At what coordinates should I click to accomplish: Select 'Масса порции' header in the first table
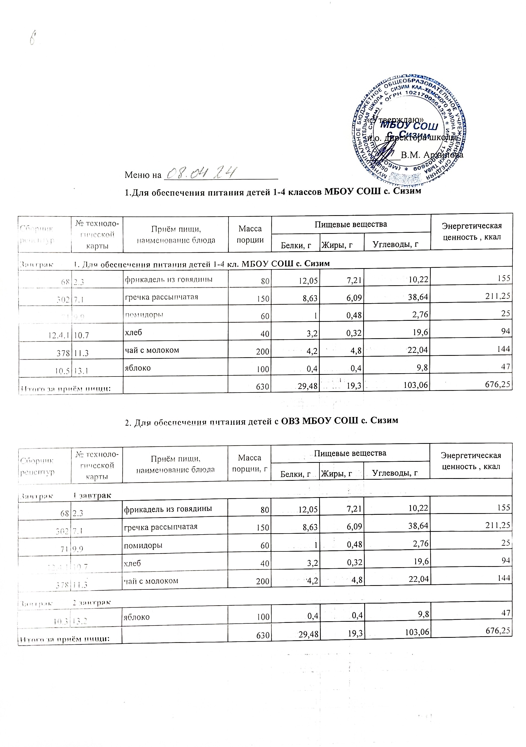pos(250,234)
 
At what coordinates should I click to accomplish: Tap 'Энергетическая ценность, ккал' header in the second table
pos(470,461)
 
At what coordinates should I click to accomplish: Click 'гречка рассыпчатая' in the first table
pos(161,297)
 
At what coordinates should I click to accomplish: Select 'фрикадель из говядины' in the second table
pos(168,508)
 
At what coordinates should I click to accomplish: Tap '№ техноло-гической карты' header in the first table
pos(97,234)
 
